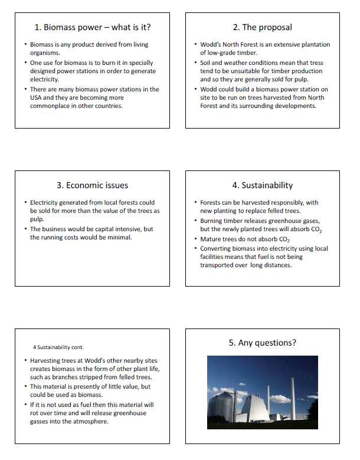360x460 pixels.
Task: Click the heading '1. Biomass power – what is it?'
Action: click(92, 27)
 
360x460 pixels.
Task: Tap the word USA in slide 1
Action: click(37, 98)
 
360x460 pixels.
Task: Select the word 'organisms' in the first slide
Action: click(45, 53)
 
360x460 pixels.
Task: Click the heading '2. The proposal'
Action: click(262, 27)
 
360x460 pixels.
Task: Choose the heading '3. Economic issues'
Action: click(92, 185)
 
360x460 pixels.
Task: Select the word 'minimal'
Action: click(120, 237)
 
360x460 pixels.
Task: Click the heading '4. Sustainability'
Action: click(262, 185)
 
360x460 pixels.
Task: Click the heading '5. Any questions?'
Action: click(262, 343)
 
